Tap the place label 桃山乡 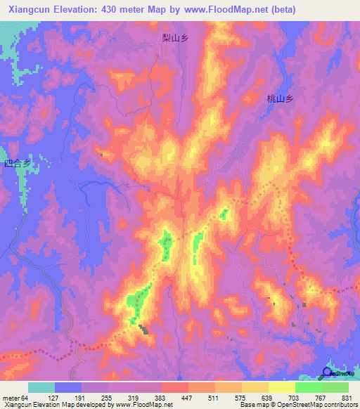pyautogui.click(x=279, y=100)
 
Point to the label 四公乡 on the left pyautogui.click(x=18, y=164)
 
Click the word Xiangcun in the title pyautogui.click(x=25, y=10)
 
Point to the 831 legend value pyautogui.click(x=347, y=398)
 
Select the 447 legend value pyautogui.click(x=188, y=398)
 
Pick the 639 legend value pyautogui.click(x=268, y=398)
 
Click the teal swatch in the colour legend pyautogui.click(x=41, y=387)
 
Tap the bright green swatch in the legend pyautogui.click(x=309, y=387)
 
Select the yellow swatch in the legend pyautogui.click(x=255, y=387)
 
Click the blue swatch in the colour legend pyautogui.click(x=68, y=387)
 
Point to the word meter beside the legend pyautogui.click(x=11, y=398)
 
